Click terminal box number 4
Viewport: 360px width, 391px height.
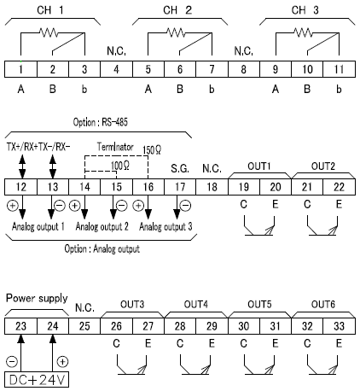pos(116,69)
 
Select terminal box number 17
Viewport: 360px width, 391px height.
pos(180,187)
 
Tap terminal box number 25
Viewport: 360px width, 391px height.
pos(84,326)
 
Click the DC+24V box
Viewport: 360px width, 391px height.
pos(37,380)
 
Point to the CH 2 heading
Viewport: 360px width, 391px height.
pos(177,10)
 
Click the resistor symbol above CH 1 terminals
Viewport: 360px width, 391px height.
pos(49,32)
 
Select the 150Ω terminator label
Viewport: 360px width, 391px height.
pos(152,150)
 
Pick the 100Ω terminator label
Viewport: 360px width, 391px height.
pos(120,166)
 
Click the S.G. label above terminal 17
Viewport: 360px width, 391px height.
pos(180,169)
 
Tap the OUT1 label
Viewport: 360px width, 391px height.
pos(259,166)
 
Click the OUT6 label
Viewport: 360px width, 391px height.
pos(323,305)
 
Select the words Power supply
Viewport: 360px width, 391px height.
pos(37,298)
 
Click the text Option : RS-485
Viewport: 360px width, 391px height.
pos(101,122)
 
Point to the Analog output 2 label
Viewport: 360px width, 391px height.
pos(102,226)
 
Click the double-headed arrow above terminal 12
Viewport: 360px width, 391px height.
pos(22,166)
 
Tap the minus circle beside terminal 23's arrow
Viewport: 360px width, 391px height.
pos(12,362)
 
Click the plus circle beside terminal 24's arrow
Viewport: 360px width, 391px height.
pos(62,362)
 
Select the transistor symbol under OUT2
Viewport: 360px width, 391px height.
pos(322,226)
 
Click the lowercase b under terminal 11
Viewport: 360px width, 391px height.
pos(339,90)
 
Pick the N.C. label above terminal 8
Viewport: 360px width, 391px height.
pos(244,51)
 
